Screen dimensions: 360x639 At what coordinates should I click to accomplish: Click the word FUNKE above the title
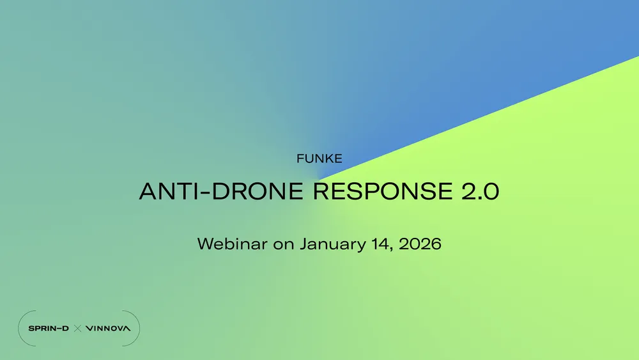(319, 159)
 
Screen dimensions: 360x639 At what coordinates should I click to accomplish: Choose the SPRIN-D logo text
(49, 329)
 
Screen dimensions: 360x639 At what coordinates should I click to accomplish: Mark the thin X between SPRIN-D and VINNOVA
(77, 329)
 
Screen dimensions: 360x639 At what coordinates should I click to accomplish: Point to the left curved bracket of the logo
(20, 329)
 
